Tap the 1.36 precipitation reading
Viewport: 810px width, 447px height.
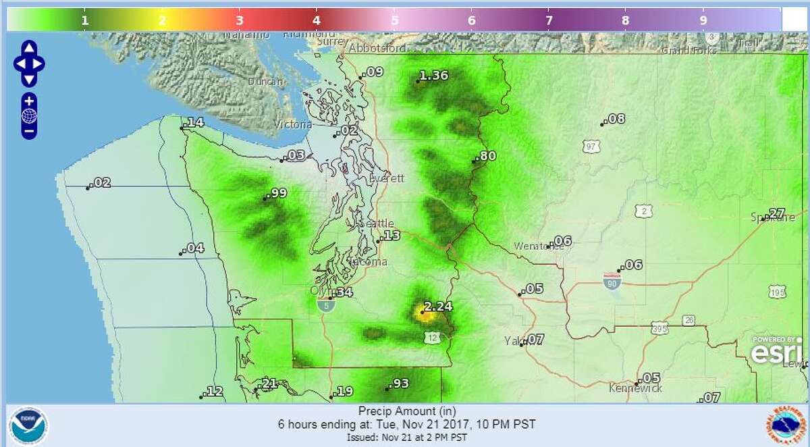[433, 76]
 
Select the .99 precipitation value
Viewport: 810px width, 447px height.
[277, 194]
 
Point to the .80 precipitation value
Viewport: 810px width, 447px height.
[486, 157]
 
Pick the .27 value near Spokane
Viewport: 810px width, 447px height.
[776, 213]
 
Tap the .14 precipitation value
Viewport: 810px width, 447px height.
[194, 122]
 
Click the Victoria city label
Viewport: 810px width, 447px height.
[293, 125]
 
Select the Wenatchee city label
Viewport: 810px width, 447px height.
[538, 246]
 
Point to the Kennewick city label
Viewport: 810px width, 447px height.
[635, 388]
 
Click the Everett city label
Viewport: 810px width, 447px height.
[387, 178]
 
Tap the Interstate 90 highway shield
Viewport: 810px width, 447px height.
[612, 279]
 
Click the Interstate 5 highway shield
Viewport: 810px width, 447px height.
[325, 305]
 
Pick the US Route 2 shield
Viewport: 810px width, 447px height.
[644, 211]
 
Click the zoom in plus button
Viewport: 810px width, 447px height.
[29, 101]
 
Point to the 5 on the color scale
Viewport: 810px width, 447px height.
[394, 20]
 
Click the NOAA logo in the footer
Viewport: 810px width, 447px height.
[28, 426]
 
